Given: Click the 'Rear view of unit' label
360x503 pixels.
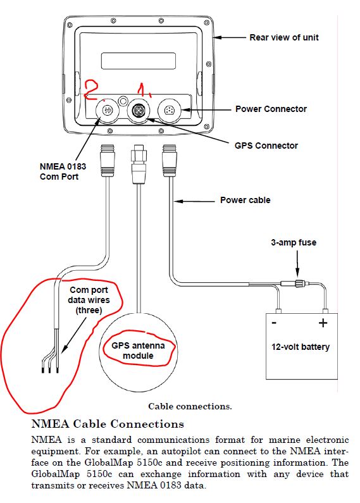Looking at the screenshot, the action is [x=284, y=37].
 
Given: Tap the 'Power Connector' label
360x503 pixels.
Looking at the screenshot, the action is [x=271, y=109].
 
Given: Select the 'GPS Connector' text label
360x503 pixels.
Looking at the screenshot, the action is [x=266, y=146].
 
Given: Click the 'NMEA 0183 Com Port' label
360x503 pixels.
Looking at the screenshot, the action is [x=63, y=171].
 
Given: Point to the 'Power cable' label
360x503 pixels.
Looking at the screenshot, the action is [x=245, y=200].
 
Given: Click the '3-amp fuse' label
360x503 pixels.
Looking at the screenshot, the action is [x=294, y=242].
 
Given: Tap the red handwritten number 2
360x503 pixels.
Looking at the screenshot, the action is [x=91, y=90].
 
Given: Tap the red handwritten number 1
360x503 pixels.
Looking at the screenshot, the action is [x=143, y=90].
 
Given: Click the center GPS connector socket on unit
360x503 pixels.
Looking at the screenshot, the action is [x=139, y=110].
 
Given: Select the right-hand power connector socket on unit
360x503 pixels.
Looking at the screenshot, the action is [x=169, y=111].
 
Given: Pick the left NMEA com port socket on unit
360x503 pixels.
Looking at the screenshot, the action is [x=107, y=110].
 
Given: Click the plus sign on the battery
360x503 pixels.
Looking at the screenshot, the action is [x=323, y=323].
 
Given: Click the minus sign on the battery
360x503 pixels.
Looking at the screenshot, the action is [x=274, y=323].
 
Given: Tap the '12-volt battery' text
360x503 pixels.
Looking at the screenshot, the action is [x=301, y=347].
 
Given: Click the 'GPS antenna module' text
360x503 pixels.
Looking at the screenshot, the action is [x=138, y=351].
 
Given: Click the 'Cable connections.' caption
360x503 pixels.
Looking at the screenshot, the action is [x=190, y=406].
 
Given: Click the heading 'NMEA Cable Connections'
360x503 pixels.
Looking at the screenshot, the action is [x=108, y=424].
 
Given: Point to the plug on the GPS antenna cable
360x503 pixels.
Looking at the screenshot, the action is [x=139, y=164].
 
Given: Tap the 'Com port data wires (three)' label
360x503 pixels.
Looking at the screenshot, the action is [x=89, y=300].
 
